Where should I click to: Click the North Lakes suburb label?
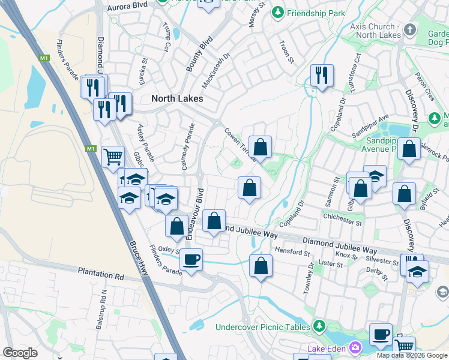pos(177,98)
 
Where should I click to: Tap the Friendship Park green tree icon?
pos(277,12)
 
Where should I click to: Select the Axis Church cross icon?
pos(411,29)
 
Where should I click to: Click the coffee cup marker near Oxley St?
pos(191,260)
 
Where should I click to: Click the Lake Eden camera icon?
pos(355,348)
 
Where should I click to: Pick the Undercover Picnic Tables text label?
pos(263,327)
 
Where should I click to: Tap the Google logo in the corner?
pos(20,353)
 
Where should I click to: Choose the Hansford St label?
pos(291,251)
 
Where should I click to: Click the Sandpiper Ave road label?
pos(371,124)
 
